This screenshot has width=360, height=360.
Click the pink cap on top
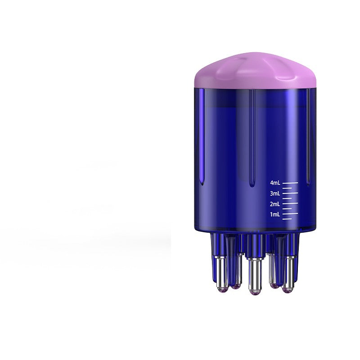(255, 72)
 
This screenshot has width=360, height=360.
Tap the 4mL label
(275, 183)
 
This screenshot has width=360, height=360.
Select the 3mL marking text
(275, 193)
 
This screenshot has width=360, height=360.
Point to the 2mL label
(275, 204)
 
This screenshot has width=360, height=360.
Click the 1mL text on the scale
(275, 215)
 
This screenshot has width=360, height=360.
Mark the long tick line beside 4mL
(290, 183)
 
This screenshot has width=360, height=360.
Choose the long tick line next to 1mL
(290, 214)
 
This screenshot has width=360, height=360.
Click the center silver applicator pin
(255, 274)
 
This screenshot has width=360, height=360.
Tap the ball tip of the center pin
(255, 292)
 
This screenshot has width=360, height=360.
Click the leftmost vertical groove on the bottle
(202, 135)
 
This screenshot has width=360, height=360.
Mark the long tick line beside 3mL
(290, 193)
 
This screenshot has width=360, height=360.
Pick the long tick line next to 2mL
(290, 204)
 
